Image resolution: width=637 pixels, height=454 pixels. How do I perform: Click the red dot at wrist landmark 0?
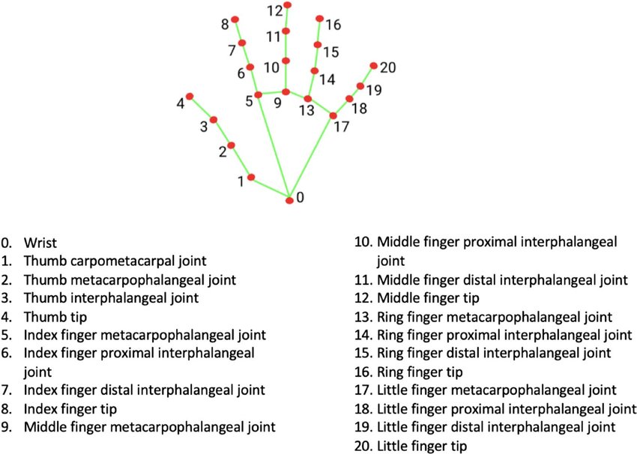290,199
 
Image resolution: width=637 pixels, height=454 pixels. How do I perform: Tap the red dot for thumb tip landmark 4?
190,97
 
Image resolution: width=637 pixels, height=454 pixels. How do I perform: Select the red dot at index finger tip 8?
235,19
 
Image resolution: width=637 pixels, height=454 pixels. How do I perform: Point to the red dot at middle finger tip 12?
287,6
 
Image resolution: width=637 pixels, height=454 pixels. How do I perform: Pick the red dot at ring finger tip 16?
320,19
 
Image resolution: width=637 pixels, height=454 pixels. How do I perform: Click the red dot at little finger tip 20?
374,66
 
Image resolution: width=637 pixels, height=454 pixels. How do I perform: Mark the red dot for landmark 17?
333,115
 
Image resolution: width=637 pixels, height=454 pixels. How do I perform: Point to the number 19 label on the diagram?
374,90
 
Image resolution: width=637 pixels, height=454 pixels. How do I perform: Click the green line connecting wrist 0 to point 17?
312,157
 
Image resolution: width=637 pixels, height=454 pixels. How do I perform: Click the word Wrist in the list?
39,243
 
